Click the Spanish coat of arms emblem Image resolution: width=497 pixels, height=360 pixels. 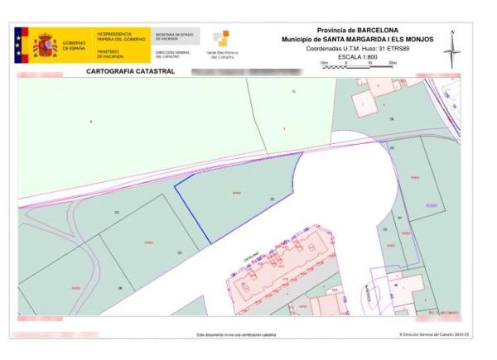click(x=44, y=45)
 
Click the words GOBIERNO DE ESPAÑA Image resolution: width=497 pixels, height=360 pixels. click(x=74, y=46)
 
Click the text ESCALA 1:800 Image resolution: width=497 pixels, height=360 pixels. click(x=358, y=56)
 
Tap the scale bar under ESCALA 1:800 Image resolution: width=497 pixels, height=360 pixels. click(x=358, y=66)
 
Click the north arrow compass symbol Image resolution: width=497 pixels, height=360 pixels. click(x=451, y=49)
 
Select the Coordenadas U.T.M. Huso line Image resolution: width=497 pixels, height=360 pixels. click(x=358, y=48)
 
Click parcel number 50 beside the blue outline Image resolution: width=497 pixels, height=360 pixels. click(x=272, y=199)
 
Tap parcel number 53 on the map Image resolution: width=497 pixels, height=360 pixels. click(x=117, y=213)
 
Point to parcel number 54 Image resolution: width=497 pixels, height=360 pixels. click(x=179, y=252)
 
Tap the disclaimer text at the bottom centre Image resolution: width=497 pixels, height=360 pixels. click(x=236, y=335)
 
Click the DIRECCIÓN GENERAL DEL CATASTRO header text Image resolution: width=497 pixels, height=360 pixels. click(x=172, y=54)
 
